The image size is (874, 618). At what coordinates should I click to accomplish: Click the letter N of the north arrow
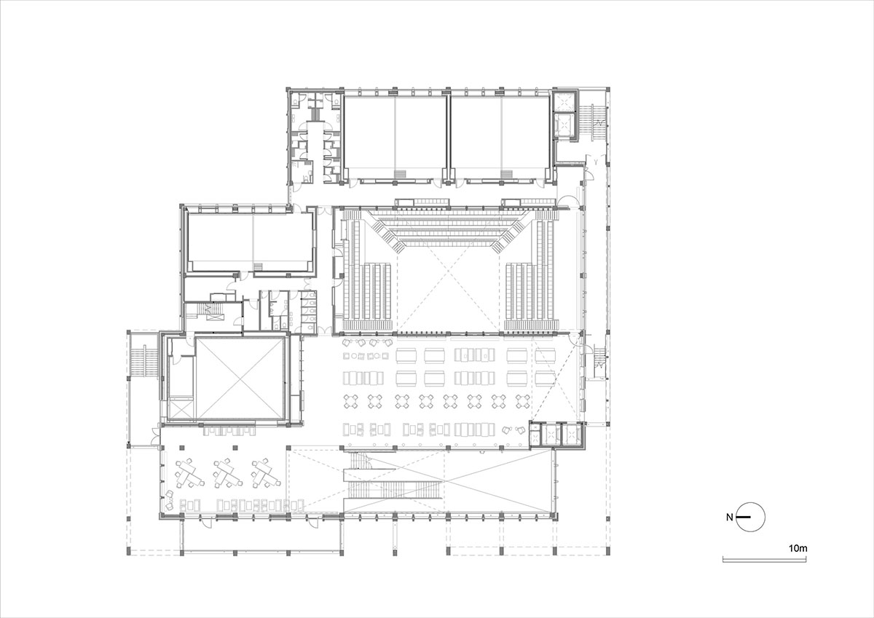coord(729,518)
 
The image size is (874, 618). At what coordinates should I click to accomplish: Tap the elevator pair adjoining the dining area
coord(555,435)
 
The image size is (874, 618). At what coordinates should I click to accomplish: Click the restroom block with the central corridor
coord(315,138)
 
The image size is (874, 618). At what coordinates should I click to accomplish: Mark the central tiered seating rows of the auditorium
coord(449,229)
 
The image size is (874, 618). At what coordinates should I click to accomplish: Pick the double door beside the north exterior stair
coord(154,435)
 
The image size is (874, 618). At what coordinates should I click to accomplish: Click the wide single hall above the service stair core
coord(251,239)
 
